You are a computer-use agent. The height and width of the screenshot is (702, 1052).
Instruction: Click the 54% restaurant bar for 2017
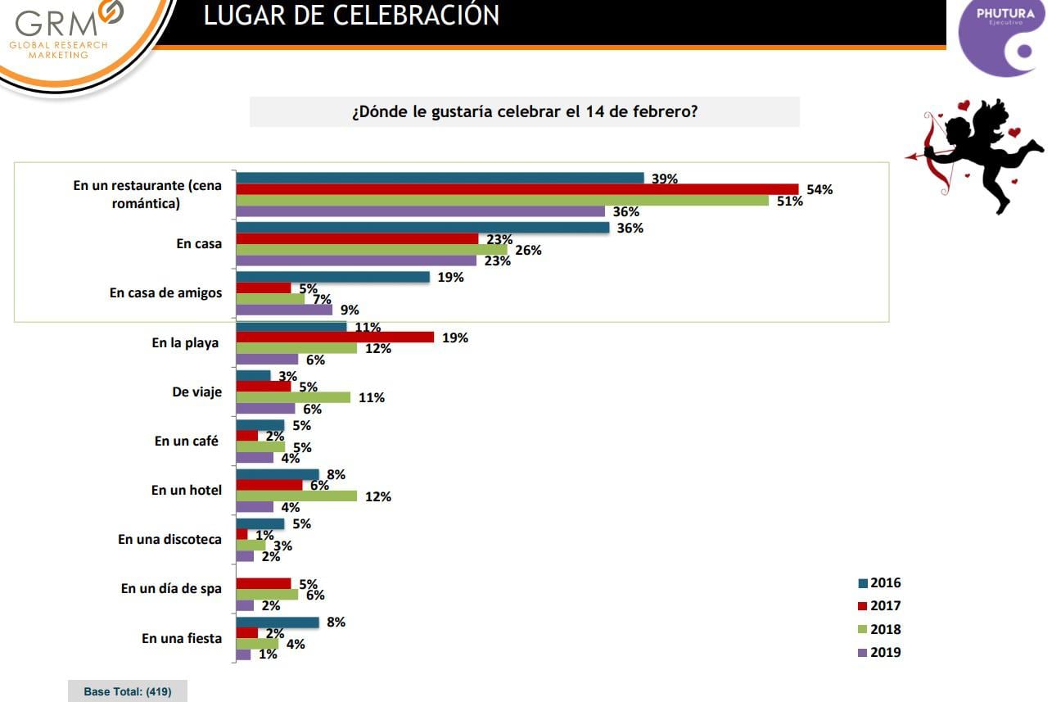click(517, 189)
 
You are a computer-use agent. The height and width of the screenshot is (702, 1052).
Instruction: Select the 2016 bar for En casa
click(422, 228)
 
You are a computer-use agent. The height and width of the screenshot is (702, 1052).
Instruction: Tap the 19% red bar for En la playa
click(335, 337)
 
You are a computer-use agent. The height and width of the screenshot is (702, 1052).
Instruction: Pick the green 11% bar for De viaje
click(293, 397)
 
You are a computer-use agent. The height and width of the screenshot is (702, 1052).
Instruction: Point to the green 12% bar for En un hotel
click(296, 496)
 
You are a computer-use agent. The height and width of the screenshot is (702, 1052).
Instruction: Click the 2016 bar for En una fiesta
click(278, 622)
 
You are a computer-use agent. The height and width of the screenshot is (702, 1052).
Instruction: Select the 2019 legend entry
click(879, 653)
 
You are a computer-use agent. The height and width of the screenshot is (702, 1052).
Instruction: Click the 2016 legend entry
click(879, 583)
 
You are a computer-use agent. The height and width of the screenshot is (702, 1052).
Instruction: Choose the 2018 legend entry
click(879, 630)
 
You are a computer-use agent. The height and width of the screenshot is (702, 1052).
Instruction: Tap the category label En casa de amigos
click(165, 292)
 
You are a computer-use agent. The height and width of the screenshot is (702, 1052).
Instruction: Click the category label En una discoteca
click(169, 539)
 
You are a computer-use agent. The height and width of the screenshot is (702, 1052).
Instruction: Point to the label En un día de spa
click(171, 588)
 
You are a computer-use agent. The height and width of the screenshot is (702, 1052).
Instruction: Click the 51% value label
click(790, 201)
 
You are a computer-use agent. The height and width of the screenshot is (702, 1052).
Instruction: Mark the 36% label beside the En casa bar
click(630, 229)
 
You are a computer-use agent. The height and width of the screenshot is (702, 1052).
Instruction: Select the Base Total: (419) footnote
click(127, 691)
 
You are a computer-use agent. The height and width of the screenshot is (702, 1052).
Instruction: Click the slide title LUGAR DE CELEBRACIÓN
click(351, 16)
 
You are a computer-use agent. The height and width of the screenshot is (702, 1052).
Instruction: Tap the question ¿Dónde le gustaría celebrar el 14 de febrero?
click(524, 111)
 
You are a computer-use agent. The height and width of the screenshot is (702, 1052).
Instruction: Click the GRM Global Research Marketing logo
click(69, 31)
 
